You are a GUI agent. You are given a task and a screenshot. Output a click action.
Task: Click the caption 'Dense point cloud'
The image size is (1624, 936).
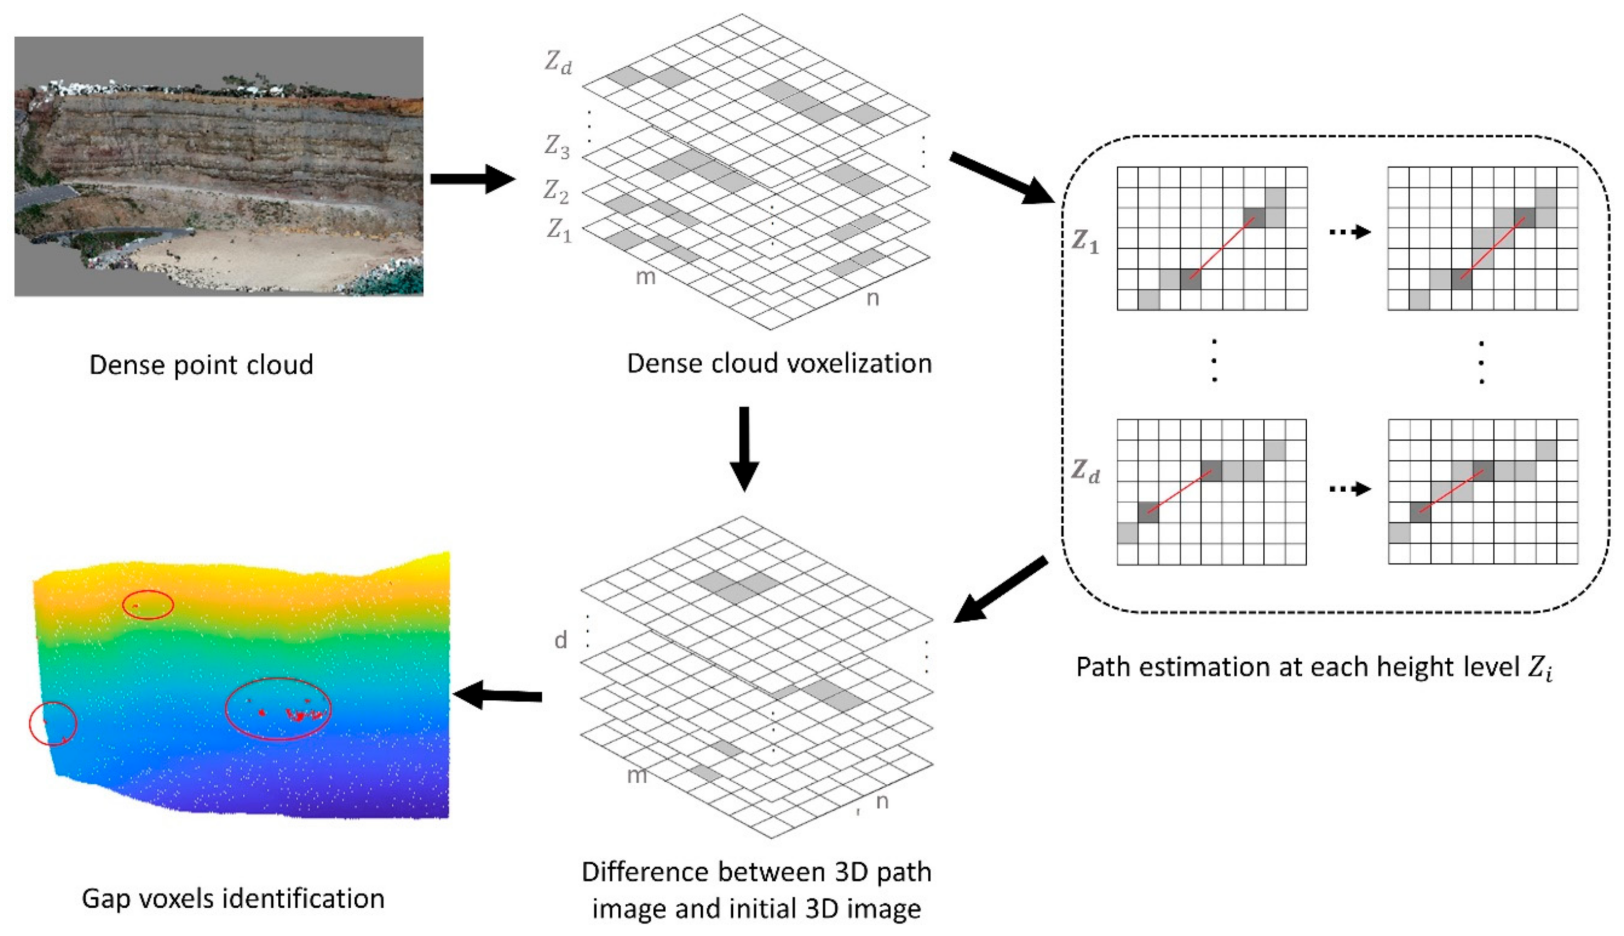click(x=201, y=364)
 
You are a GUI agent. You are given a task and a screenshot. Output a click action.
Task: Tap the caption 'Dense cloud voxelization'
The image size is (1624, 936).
click(x=778, y=363)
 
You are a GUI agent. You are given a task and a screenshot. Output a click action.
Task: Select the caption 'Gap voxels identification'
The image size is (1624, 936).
click(x=233, y=898)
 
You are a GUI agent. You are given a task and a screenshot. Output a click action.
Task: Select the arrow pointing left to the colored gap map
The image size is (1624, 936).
click(x=498, y=695)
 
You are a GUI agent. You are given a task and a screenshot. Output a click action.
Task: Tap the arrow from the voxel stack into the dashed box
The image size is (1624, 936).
click(x=1003, y=178)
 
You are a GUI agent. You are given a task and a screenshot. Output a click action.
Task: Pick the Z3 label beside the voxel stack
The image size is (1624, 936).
click(x=557, y=147)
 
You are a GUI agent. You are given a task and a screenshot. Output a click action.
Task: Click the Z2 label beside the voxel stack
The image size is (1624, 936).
click(x=556, y=191)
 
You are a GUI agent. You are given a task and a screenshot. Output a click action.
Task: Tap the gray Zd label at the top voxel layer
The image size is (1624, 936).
click(x=557, y=62)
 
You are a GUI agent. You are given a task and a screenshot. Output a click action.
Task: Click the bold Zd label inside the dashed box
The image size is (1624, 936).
click(x=1085, y=471)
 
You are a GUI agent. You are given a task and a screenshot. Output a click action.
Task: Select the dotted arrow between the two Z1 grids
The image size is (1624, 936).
click(x=1350, y=232)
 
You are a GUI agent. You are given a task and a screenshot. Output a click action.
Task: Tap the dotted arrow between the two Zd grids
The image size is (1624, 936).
click(x=1350, y=489)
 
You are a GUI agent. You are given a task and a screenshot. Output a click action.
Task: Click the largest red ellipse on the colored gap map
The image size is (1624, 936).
click(x=278, y=709)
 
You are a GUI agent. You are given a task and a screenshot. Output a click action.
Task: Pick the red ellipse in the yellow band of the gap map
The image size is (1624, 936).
click(x=148, y=605)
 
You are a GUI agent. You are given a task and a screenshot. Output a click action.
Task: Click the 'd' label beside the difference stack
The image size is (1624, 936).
click(x=561, y=640)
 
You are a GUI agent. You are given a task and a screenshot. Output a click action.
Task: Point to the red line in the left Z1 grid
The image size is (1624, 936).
click(x=1222, y=248)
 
